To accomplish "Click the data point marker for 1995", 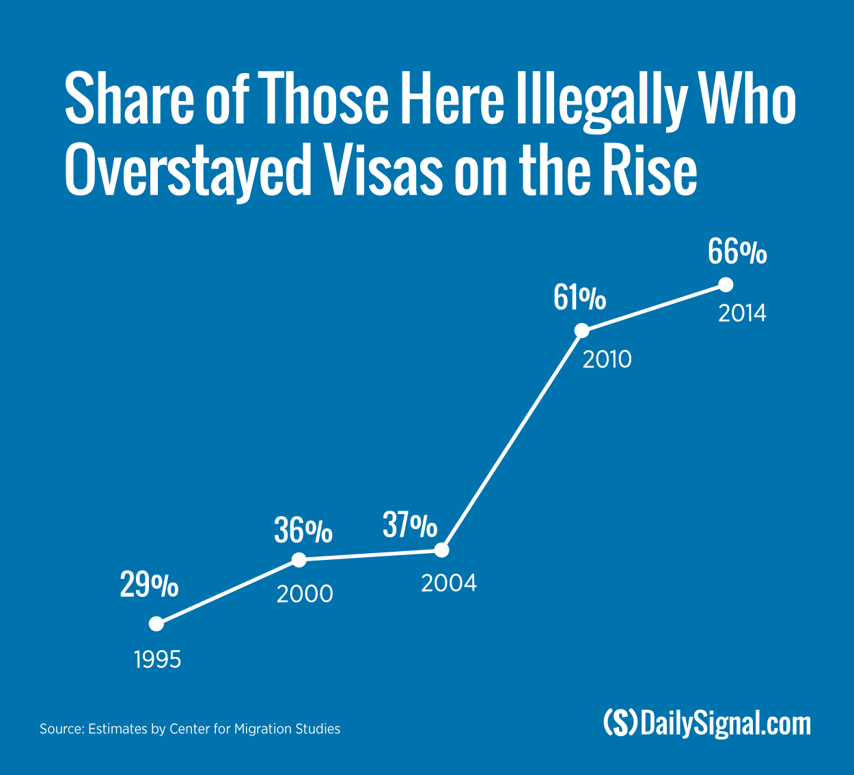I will [156, 623].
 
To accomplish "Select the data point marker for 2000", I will [299, 560].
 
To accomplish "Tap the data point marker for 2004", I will [442, 549].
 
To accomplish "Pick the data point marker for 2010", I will [581, 330].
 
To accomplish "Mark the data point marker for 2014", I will [726, 284].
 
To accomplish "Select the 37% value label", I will [410, 525].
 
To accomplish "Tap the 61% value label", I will [579, 298].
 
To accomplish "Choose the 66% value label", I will [737, 252].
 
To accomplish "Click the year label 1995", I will [158, 660].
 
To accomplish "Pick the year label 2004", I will [449, 583].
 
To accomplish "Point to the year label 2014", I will [742, 313].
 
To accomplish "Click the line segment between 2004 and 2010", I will [512, 440].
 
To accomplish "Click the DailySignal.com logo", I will [707, 722].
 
